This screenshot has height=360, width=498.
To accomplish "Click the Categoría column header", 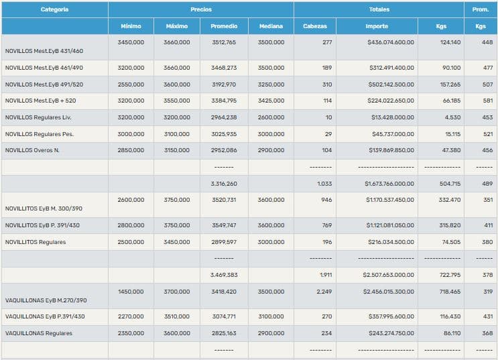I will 54,9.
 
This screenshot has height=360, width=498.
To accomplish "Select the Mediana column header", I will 271,26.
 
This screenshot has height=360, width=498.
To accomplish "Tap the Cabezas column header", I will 315,26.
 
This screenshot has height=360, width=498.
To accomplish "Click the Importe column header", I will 377,26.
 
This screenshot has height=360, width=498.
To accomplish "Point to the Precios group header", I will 200,9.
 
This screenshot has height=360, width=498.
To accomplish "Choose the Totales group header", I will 379,9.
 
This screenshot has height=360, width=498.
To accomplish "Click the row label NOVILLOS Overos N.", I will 32,150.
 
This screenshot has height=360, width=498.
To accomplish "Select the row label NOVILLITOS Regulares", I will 36,242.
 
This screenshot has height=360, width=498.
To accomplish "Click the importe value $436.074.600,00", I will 391,42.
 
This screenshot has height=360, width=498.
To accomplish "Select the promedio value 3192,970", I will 224,84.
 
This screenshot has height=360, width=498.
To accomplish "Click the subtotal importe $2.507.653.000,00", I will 389,275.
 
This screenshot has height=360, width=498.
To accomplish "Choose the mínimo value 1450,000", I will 131,292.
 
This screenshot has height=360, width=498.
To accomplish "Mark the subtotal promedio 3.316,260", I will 224,183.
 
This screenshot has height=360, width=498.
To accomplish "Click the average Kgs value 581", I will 487,101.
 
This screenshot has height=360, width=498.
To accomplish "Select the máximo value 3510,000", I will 177,316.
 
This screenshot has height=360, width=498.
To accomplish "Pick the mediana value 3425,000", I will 271,101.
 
